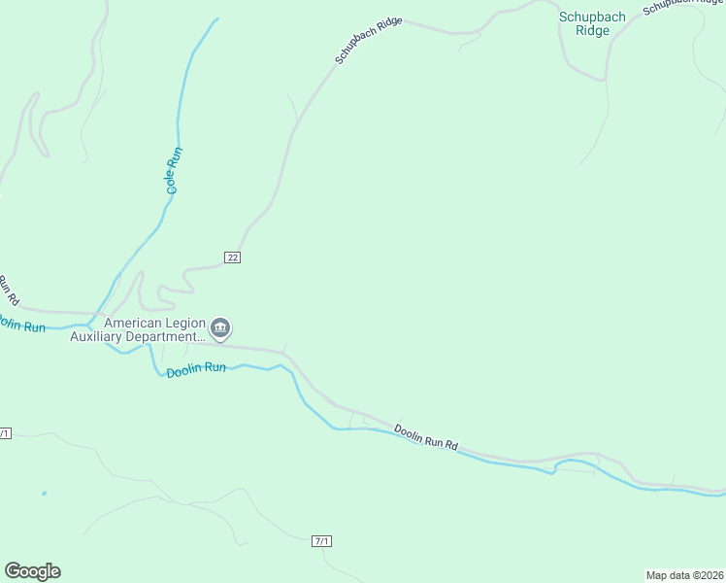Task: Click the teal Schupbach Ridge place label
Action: [x=592, y=23]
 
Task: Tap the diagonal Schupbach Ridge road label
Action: [x=368, y=41]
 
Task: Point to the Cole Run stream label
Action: [x=173, y=170]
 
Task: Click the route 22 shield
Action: [x=232, y=257]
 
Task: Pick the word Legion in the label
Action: [x=184, y=323]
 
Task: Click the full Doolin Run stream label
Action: [x=196, y=369]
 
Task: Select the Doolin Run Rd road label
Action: [x=425, y=436]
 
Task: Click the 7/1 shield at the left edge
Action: [x=4, y=432]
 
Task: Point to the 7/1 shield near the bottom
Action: [x=322, y=540]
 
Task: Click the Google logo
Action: [x=32, y=570]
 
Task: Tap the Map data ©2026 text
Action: [x=683, y=574]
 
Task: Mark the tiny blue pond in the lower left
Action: [x=44, y=494]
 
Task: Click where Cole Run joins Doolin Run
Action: [x=92, y=323]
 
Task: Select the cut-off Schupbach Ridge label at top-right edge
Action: [x=683, y=7]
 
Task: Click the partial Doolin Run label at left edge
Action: [x=21, y=325]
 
